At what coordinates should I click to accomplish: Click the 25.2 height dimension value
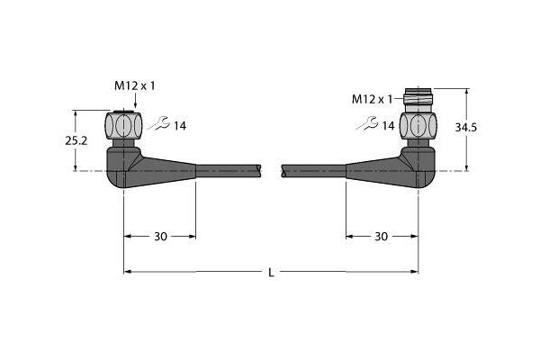(76, 140)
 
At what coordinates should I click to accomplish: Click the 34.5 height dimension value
(466, 128)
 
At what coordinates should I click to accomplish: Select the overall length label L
(272, 273)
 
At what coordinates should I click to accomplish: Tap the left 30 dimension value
(160, 237)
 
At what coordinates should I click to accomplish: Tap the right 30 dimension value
(381, 237)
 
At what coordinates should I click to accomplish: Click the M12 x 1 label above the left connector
(135, 85)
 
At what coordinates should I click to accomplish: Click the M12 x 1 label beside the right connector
(372, 100)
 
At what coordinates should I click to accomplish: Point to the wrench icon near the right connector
(367, 123)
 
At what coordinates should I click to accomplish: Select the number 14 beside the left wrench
(179, 126)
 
